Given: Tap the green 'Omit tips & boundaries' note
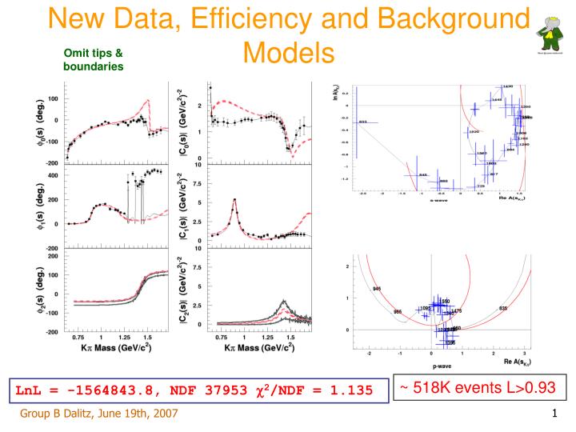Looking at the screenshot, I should click(94, 60).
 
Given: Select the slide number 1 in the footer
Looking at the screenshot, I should click(554, 414).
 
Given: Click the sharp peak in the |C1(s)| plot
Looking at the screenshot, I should click(234, 200).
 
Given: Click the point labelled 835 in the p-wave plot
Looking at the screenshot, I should click(503, 308).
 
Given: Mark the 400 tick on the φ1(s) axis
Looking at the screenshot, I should click(53, 174).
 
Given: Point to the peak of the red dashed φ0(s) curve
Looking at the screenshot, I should click(148, 101).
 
